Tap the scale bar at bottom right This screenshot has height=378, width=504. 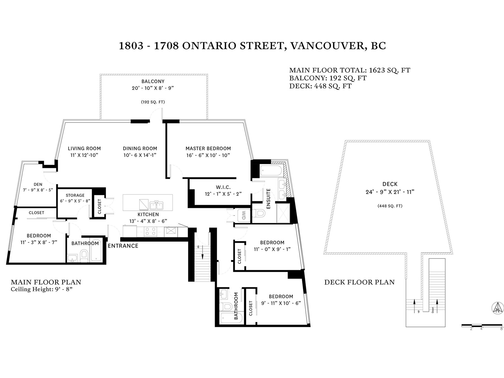(482, 325)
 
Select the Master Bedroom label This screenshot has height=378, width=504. (208, 148)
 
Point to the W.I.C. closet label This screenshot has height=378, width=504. (223, 187)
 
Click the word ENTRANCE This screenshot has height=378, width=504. (123, 246)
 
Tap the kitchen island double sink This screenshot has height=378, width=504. (156, 205)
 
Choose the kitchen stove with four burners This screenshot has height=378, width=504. (150, 232)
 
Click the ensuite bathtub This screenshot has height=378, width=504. (271, 171)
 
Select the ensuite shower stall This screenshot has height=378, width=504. (283, 213)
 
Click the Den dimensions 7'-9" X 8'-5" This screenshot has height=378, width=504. (38, 190)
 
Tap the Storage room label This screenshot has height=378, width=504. (75, 195)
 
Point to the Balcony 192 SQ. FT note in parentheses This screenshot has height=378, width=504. (153, 102)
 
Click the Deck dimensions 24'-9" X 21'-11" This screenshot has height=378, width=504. (390, 192)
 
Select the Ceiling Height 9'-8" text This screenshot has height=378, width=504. (42, 289)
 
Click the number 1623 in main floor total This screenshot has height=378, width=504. (377, 70)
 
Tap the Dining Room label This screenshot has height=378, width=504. (140, 148)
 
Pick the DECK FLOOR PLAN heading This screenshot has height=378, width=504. (359, 282)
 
